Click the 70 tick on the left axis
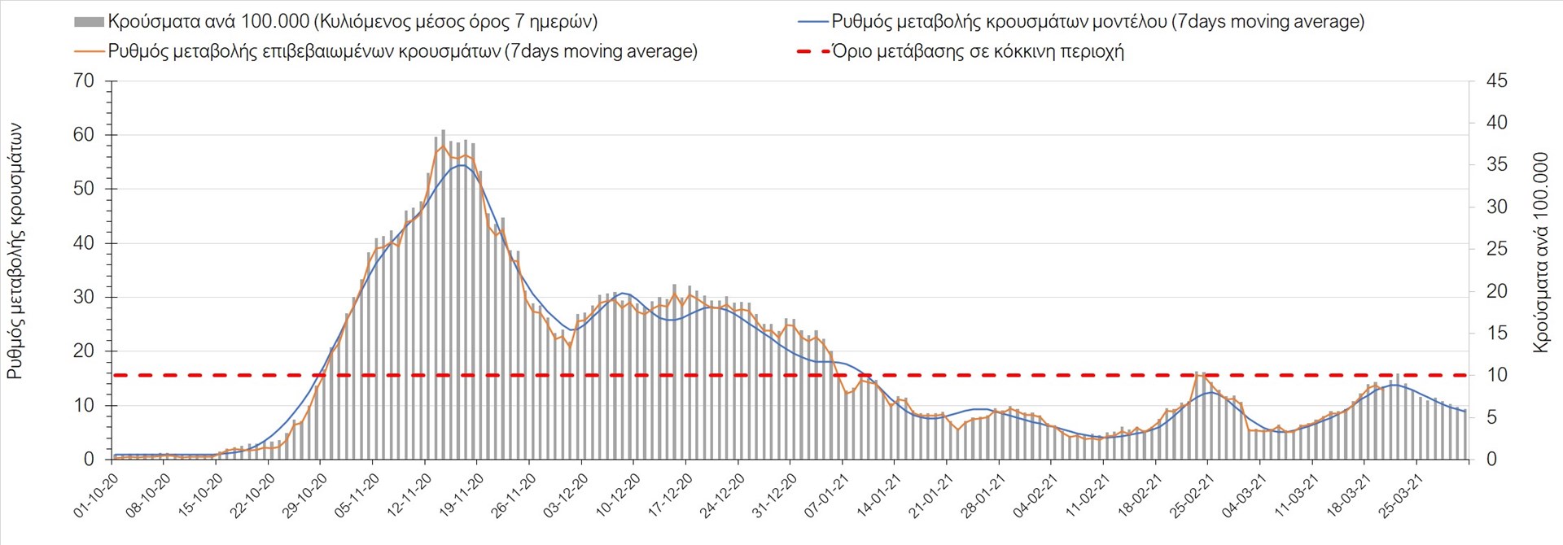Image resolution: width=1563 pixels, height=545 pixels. coord(84,81)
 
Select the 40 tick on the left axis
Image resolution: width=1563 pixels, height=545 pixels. coord(84,243)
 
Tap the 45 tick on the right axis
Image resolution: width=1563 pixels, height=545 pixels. coord(1496,81)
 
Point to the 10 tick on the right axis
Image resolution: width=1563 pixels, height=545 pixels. coord(1496,375)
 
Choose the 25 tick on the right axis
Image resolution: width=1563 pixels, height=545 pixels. coord(1496,249)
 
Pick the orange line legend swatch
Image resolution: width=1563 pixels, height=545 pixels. coord(89,51)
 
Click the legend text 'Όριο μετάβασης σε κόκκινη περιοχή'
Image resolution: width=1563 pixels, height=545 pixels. coord(978,51)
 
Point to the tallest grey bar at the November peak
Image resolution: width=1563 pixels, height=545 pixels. coord(443,293)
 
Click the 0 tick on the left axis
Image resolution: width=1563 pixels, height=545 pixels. coord(89,460)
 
